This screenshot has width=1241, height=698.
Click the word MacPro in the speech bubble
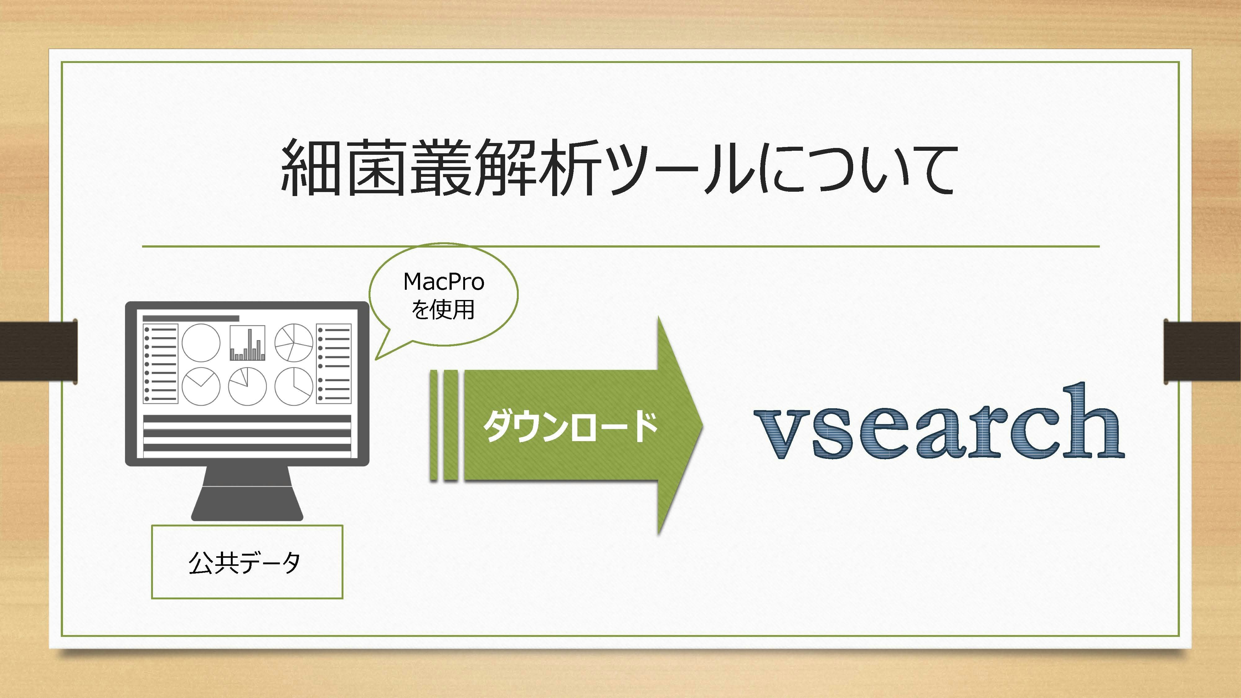444,282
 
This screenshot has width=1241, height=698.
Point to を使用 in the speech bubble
443,310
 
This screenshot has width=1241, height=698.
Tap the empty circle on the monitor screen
201,342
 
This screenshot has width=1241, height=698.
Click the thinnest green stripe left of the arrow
434,425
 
